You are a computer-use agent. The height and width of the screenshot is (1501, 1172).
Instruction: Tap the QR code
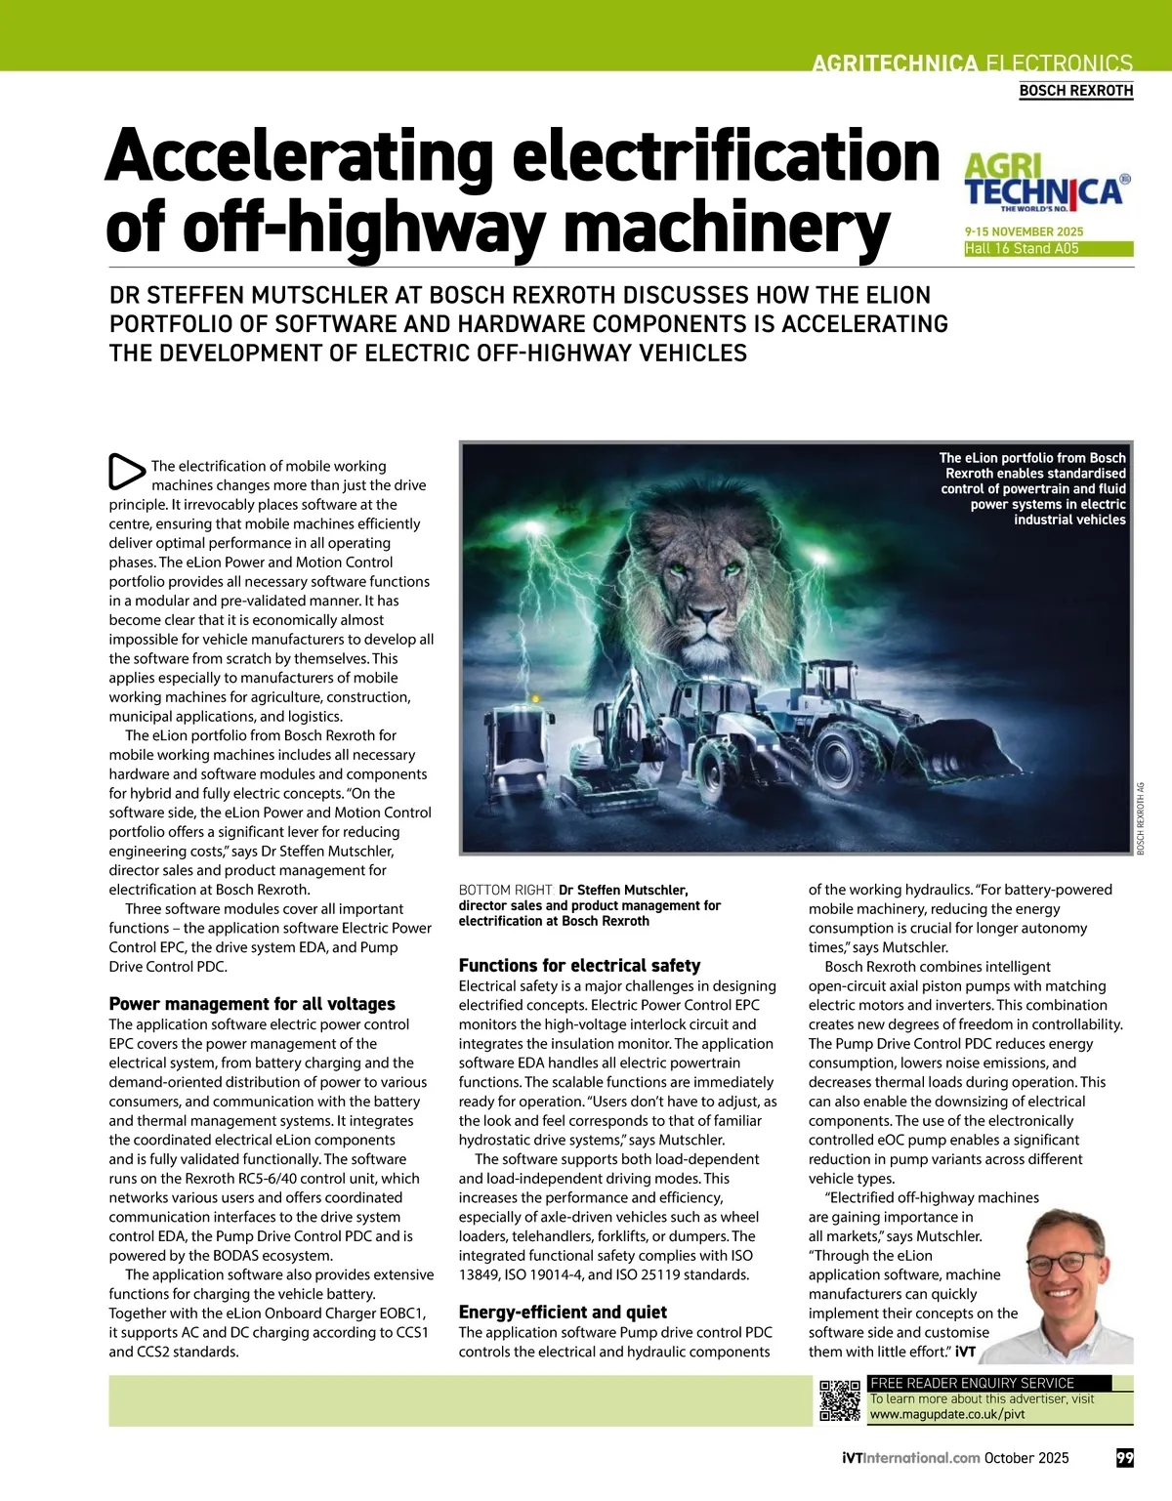click(x=839, y=1400)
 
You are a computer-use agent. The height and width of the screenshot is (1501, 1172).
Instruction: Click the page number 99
click(x=1125, y=1458)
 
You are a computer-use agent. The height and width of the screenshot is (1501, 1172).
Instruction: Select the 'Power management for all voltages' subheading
click(x=252, y=1004)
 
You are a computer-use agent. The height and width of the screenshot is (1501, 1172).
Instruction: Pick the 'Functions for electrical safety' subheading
click(x=579, y=966)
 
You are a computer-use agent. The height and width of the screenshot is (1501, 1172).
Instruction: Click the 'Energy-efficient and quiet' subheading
click(x=563, y=1313)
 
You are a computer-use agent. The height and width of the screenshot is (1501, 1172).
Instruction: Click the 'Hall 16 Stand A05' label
click(x=1022, y=249)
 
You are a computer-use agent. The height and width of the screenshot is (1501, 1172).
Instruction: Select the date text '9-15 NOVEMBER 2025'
click(x=1024, y=232)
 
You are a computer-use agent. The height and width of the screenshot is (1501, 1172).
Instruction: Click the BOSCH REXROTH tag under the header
click(x=1075, y=91)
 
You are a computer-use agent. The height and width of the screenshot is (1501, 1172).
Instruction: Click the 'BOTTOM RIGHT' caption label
click(x=506, y=890)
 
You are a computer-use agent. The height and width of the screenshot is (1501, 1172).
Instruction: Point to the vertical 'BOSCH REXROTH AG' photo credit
click(x=1140, y=818)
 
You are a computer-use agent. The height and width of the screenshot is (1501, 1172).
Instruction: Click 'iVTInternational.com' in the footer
click(x=910, y=1458)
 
